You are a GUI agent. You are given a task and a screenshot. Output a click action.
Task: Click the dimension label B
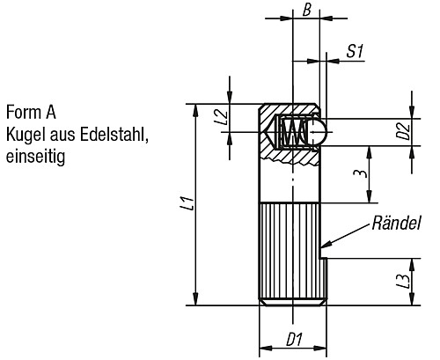pyautogui.click(x=306, y=11)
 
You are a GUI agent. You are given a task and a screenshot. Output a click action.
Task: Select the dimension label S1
pyautogui.click(x=355, y=52)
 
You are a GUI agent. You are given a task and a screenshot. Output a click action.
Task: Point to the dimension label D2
pyautogui.click(x=403, y=133)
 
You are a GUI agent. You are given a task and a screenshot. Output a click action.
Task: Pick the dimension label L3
pyautogui.click(x=403, y=283)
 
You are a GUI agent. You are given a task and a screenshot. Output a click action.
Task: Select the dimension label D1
pyautogui.click(x=294, y=338)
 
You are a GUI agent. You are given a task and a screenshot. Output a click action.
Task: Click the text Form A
pyautogui.click(x=32, y=114)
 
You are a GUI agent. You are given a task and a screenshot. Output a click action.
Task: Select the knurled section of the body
pyautogui.click(x=290, y=251)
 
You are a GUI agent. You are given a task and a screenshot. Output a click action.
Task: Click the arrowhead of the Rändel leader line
pyautogui.click(x=326, y=245)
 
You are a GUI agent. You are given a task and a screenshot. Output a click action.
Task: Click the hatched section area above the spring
pyautogui.click(x=290, y=112)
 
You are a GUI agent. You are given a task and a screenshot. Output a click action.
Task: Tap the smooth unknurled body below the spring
pyautogui.click(x=290, y=180)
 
